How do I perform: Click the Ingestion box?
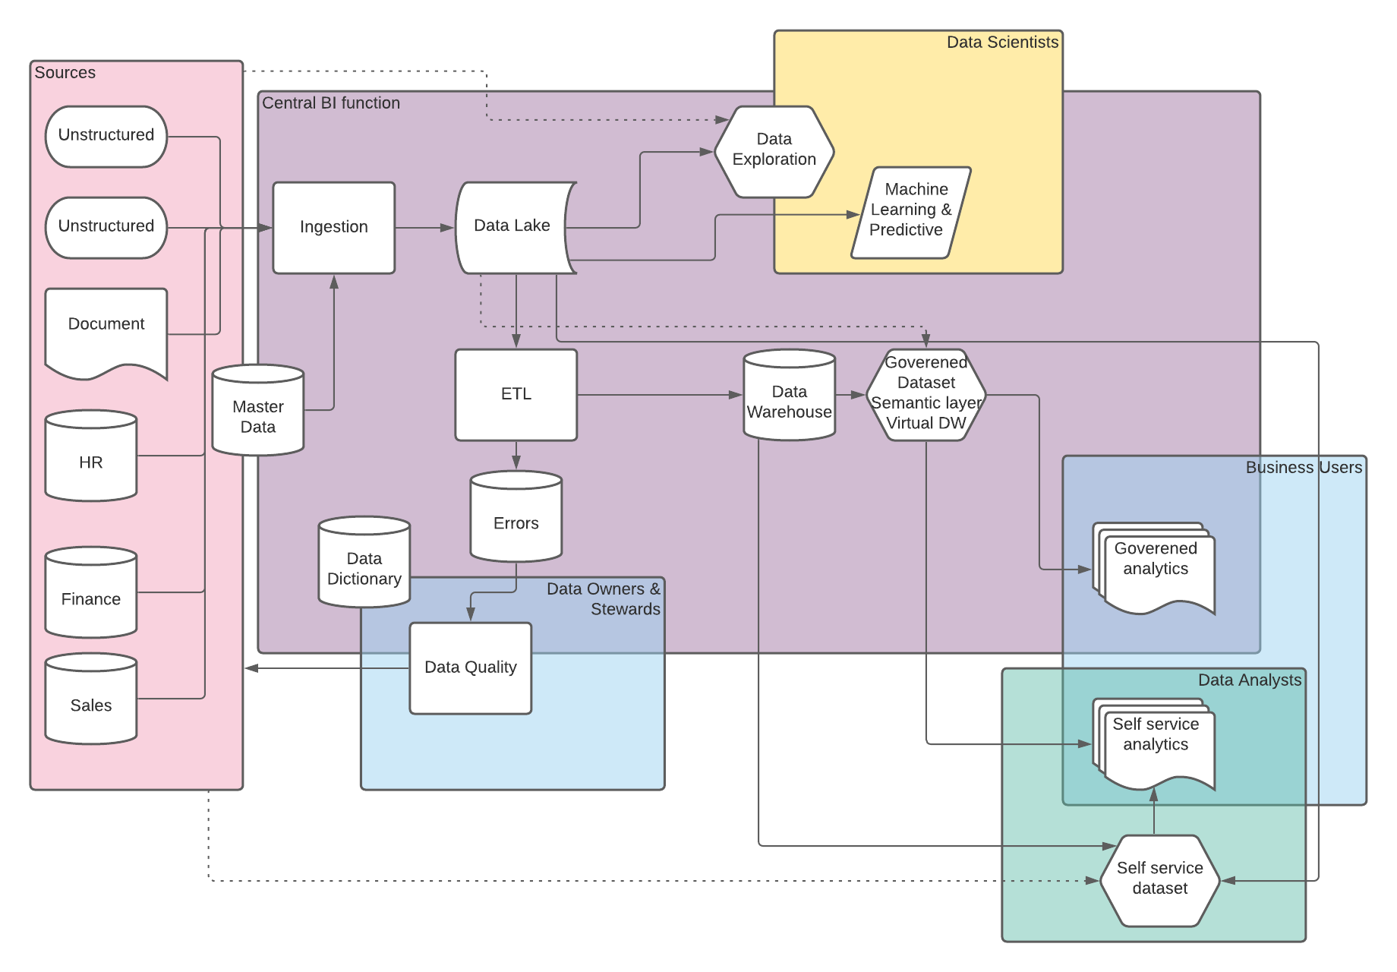coord(333,227)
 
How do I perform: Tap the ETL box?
coord(516,394)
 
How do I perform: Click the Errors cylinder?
coord(516,519)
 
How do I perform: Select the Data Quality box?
coord(470,667)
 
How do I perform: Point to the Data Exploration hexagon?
coord(774,151)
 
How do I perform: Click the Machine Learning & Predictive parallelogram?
coord(910,212)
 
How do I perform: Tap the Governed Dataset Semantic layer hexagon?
coord(926,394)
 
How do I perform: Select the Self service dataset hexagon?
coord(1159,880)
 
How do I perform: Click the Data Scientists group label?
coord(1001,43)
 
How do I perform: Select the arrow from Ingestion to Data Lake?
coord(424,227)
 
